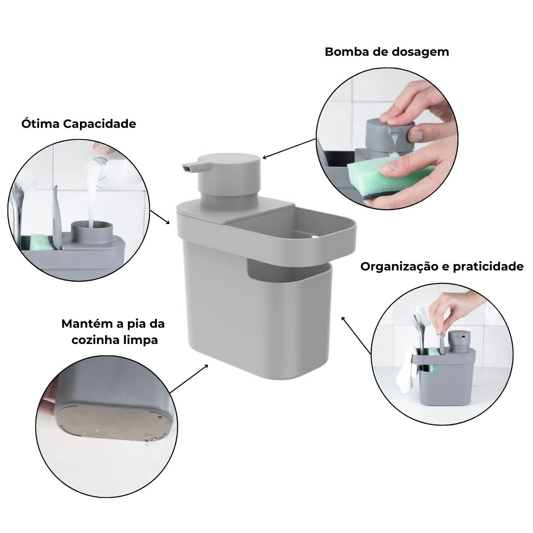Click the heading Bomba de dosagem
click(x=386, y=52)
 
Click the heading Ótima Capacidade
click(x=78, y=124)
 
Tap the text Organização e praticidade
click(x=442, y=267)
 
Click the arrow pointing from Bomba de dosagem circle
click(x=289, y=149)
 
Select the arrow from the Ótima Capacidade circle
click(x=160, y=216)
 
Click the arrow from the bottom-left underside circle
click(x=189, y=379)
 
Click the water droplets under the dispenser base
click(x=149, y=439)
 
